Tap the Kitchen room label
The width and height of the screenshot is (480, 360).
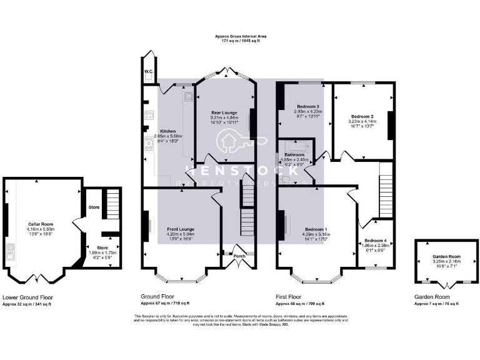(151, 131)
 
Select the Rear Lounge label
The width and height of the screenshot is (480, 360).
(223, 112)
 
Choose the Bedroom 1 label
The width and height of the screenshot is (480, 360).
(316, 229)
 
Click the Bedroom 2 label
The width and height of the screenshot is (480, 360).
(362, 117)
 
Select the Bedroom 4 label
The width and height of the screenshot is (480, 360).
(376, 241)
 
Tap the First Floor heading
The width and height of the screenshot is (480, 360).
(291, 297)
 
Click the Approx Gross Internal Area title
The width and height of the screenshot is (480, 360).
(240, 37)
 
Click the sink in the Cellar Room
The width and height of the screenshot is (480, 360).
(11, 252)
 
